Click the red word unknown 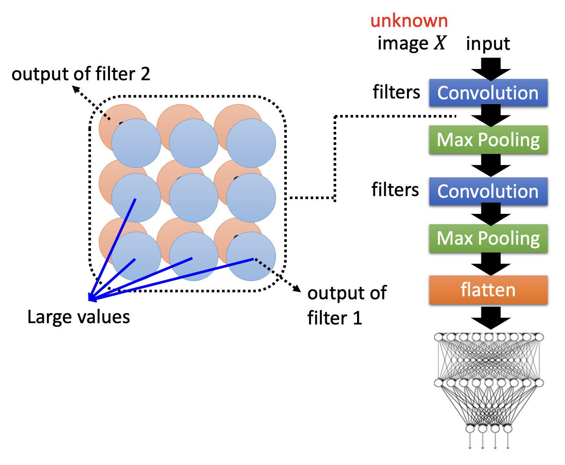click(409, 21)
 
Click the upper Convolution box click(488, 93)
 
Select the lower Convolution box click(488, 191)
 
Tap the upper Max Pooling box click(488, 140)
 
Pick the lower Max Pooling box click(488, 238)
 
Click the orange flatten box click(488, 290)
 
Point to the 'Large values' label click(78, 317)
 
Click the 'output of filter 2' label click(81, 74)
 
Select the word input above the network click(488, 43)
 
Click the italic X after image click(440, 43)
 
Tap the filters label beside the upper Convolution click(396, 92)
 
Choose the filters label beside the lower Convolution click(395, 190)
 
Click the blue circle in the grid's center click(193, 198)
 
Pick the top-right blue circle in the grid click(251, 143)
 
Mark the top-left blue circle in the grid click(136, 143)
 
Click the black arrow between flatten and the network click(491, 318)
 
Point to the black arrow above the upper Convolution click(491, 69)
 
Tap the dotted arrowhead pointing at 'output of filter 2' click(75, 88)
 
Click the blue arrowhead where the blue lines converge click(91, 298)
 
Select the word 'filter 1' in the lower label click(334, 318)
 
